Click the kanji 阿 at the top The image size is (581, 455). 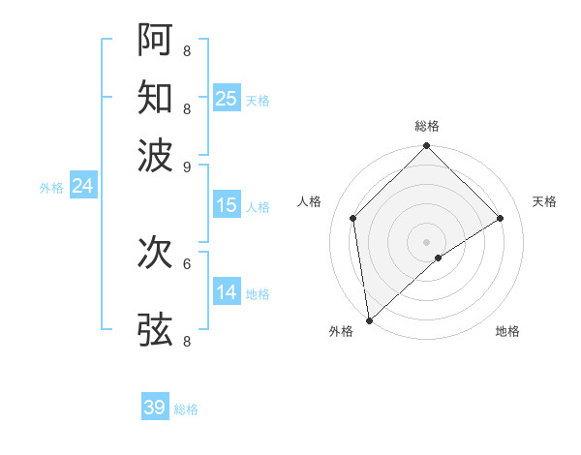(155, 38)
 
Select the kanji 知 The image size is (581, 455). (155, 97)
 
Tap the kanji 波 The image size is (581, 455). (155, 154)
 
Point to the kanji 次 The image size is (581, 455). (155, 253)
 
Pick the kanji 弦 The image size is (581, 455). (155, 329)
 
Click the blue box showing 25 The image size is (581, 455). (227, 98)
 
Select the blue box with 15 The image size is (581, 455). (227, 205)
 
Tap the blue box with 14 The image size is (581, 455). (227, 291)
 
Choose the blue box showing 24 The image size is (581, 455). (82, 186)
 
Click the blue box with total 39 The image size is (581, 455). (155, 408)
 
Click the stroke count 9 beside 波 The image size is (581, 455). (186, 167)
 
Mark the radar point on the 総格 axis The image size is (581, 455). (426, 147)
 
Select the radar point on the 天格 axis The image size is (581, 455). (501, 218)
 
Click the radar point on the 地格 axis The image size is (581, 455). (439, 258)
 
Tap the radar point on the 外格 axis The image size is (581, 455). (369, 320)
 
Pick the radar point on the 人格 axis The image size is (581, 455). (353, 218)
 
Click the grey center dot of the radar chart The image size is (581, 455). (426, 241)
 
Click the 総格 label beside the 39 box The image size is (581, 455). (186, 409)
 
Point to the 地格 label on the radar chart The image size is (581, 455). (507, 331)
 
